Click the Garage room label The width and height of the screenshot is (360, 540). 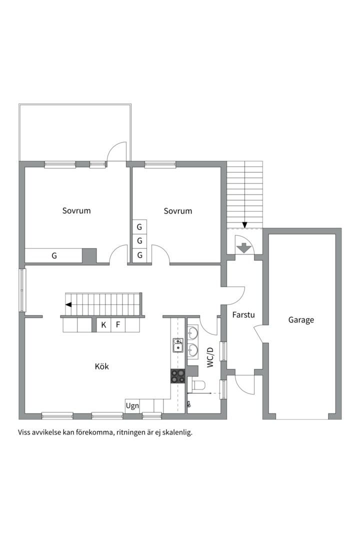301,320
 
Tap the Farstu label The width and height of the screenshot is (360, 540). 243,315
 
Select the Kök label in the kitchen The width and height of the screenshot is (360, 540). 102,366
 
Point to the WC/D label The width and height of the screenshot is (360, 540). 210,357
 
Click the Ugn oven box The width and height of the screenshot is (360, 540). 132,405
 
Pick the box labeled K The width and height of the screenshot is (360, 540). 103,325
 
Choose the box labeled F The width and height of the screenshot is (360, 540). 118,325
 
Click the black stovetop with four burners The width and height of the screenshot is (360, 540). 178,375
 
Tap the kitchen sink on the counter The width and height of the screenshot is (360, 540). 178,345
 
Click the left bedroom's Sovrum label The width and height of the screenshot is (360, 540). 76,210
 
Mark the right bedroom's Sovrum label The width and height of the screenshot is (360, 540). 178,211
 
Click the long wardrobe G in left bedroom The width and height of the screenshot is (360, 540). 53,255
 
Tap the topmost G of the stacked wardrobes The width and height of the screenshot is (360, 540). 139,227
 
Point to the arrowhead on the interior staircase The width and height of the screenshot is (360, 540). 68,305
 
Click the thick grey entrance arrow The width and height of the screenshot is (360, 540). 244,248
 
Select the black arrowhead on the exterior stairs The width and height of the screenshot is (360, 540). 244,225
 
